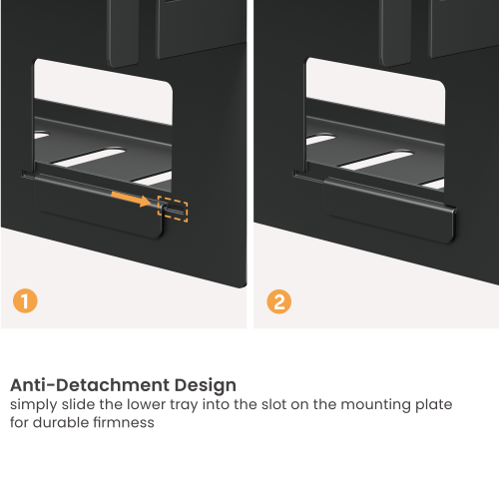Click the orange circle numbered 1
(24, 300)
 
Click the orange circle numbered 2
(279, 300)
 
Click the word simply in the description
(31, 405)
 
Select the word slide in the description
(77, 405)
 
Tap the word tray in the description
(194, 405)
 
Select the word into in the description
(229, 405)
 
